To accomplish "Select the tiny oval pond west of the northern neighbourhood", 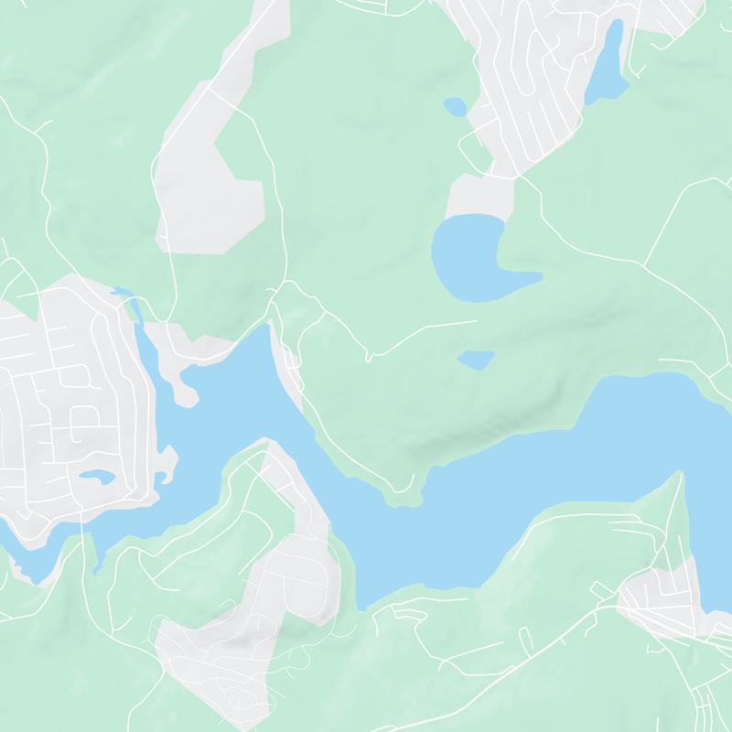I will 455,108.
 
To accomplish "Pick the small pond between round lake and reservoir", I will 475,360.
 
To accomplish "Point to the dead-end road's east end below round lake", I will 476,322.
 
